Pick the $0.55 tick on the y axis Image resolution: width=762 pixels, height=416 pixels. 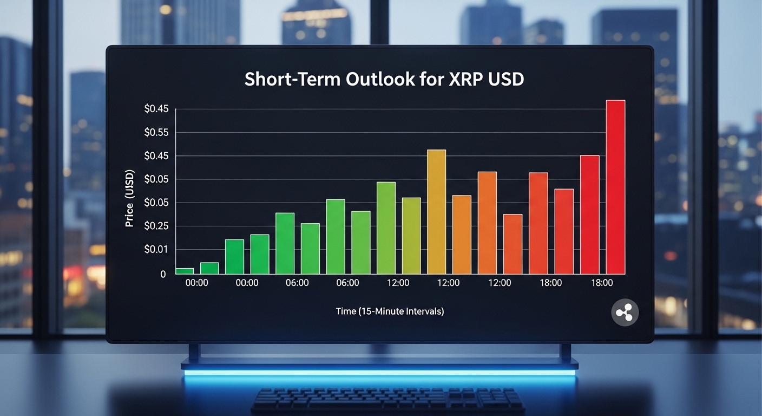pyautogui.click(x=156, y=133)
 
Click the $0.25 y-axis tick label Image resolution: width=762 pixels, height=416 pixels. pyautogui.click(x=156, y=226)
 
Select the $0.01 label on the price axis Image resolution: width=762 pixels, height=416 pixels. pyautogui.click(x=156, y=250)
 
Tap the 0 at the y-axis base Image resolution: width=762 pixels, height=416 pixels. pyautogui.click(x=163, y=274)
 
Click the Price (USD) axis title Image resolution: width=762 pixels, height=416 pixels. pyautogui.click(x=130, y=199)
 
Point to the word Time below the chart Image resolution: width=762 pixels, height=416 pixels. pyautogui.click(x=345, y=311)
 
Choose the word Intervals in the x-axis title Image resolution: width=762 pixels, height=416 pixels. pyautogui.click(x=425, y=311)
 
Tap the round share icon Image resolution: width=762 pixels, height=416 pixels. pyautogui.click(x=625, y=313)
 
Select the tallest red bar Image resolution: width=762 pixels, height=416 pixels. pyautogui.click(x=615, y=187)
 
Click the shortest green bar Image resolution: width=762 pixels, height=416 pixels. pyautogui.click(x=185, y=271)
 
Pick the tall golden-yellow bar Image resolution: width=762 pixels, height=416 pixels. pyautogui.click(x=436, y=211)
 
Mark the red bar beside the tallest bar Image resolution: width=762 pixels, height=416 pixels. pyautogui.click(x=590, y=214)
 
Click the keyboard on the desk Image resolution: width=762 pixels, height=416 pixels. pyautogui.click(x=387, y=401)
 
